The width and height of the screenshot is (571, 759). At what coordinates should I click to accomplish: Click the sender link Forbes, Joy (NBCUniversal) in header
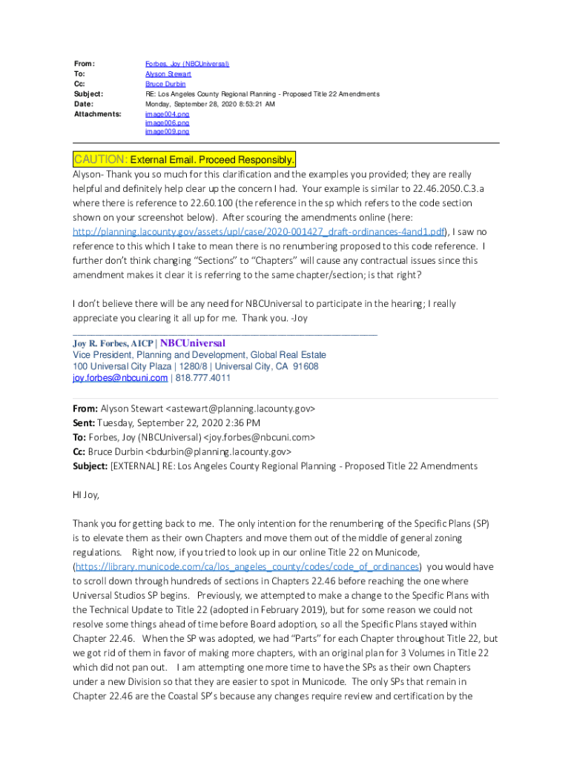187,64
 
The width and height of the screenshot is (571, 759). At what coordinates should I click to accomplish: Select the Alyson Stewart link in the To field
168,74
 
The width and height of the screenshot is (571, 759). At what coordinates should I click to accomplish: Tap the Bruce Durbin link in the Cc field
165,84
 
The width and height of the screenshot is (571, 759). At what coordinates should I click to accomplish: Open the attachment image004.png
167,114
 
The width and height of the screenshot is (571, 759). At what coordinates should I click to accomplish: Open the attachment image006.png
167,123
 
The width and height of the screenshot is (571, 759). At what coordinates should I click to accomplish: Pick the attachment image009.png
167,132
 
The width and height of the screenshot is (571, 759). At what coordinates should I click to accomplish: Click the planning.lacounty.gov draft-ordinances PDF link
258,232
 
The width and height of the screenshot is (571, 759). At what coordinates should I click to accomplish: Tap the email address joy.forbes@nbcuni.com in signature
120,378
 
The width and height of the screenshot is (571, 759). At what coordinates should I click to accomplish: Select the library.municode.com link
248,567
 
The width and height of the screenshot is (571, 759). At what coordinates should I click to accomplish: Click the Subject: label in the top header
88,94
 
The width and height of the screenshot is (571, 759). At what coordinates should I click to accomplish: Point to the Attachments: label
96,114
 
